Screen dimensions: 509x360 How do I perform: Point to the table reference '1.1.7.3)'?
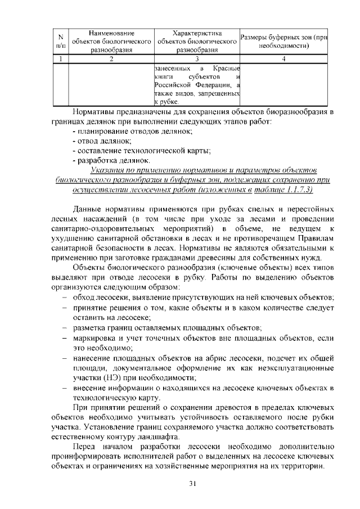click(x=313, y=190)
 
